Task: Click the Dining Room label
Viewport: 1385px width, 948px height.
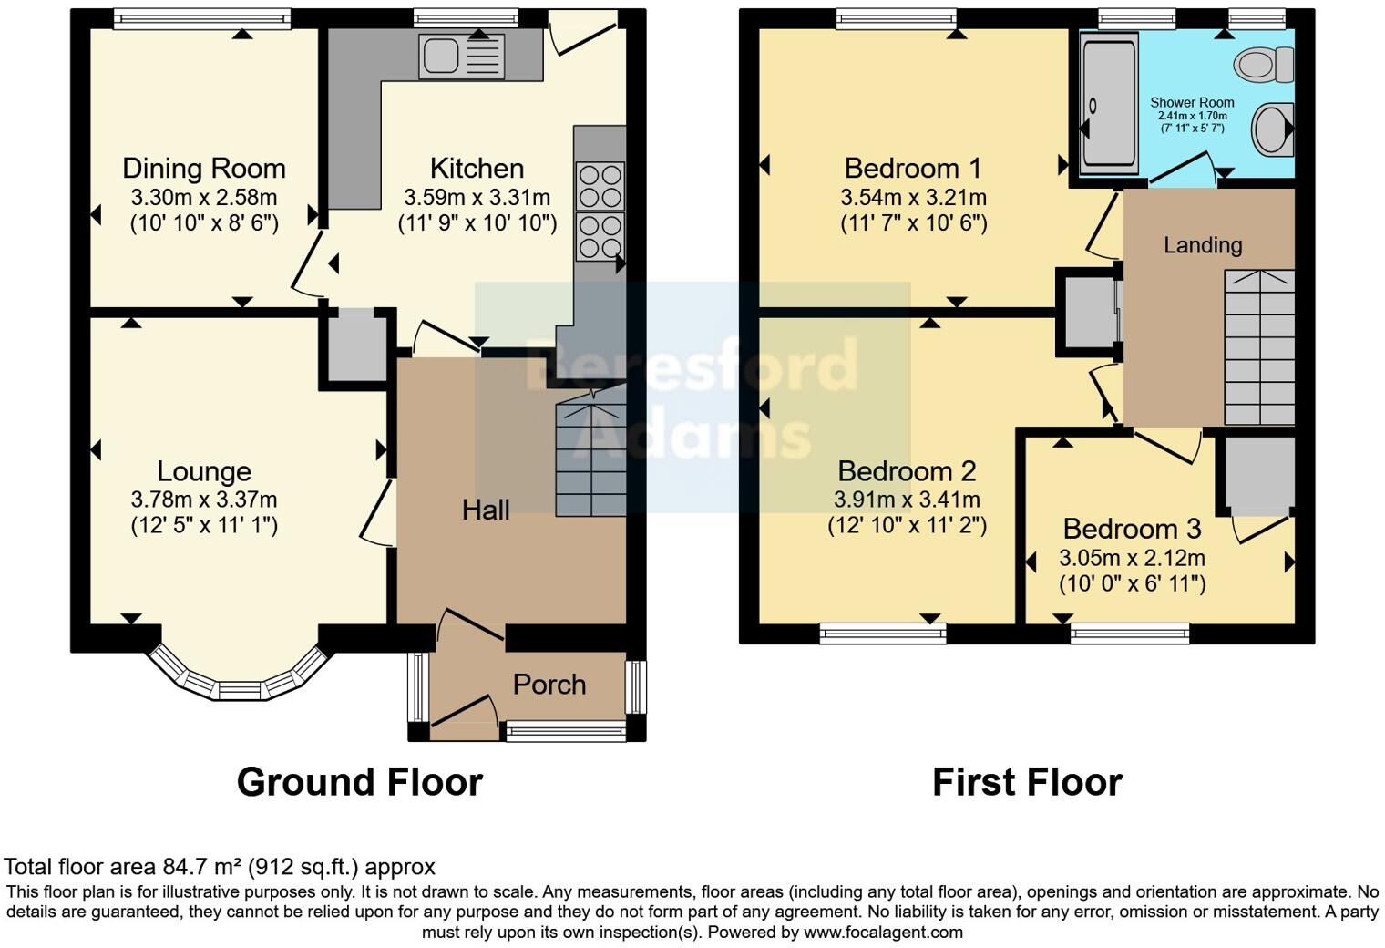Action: [x=203, y=169]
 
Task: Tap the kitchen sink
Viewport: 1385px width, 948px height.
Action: [x=461, y=57]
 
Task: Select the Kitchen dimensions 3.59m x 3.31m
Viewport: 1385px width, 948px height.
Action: [x=477, y=197]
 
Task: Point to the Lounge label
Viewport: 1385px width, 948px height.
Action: [x=203, y=471]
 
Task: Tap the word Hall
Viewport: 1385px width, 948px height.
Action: [x=485, y=510]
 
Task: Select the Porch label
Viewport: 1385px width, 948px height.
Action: [x=549, y=685]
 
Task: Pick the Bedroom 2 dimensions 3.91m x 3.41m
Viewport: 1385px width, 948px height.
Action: [x=907, y=500]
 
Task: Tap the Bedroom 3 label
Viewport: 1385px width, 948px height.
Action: [x=1132, y=530]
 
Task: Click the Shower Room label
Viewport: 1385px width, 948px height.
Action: [x=1192, y=103]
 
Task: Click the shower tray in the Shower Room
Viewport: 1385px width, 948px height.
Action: [x=1109, y=102]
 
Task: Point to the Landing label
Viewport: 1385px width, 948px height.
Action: [x=1203, y=245]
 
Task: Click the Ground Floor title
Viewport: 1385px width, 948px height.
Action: [x=359, y=782]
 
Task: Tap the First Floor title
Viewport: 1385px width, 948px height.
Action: [x=1026, y=782]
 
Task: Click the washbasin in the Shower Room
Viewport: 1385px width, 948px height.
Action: [x=1272, y=129]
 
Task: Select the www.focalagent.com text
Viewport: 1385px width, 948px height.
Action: [x=883, y=933]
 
